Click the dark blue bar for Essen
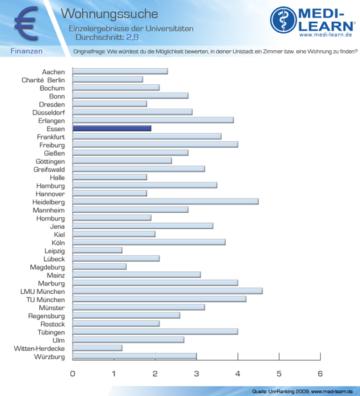point(112,129)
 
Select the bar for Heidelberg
point(165,202)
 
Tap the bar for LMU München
point(168,291)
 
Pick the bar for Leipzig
point(98,250)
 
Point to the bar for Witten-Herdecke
point(98,348)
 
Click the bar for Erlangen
point(153,120)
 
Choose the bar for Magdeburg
point(100,267)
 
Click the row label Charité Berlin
point(43,80)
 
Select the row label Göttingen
point(50,161)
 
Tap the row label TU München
point(46,300)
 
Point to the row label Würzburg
point(50,357)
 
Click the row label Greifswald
point(50,170)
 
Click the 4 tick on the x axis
point(238,373)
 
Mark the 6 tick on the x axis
point(320,373)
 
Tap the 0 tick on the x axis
point(73,373)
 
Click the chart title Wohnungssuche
point(109,14)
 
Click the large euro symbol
point(26,23)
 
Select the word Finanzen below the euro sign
point(26,51)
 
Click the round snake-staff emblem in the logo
point(283,20)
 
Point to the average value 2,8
point(132,37)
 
